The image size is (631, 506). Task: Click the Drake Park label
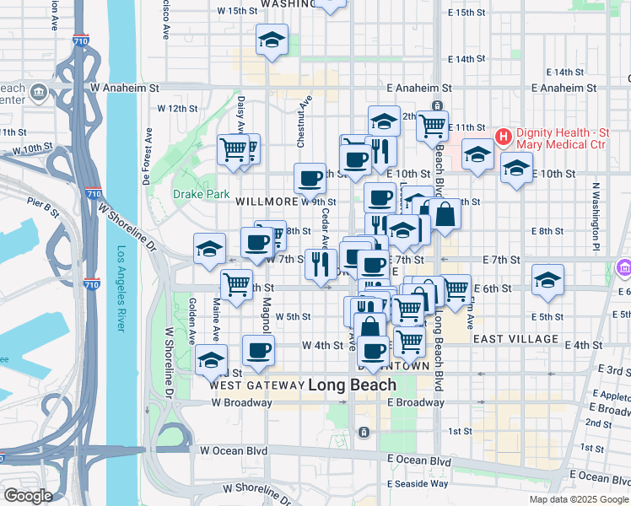tap(202, 194)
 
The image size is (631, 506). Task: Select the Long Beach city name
tap(352, 385)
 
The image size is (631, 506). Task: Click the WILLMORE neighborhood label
tap(267, 202)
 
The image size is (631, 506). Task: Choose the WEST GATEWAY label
tap(256, 385)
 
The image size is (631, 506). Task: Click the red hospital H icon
tap(504, 135)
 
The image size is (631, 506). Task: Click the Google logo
tap(27, 496)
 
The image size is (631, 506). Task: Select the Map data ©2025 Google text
tap(579, 499)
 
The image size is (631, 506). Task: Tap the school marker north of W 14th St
tap(272, 40)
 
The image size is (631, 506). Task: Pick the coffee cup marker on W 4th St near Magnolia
tap(258, 350)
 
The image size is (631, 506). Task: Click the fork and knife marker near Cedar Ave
tap(321, 264)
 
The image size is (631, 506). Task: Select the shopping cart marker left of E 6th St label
tap(456, 288)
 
